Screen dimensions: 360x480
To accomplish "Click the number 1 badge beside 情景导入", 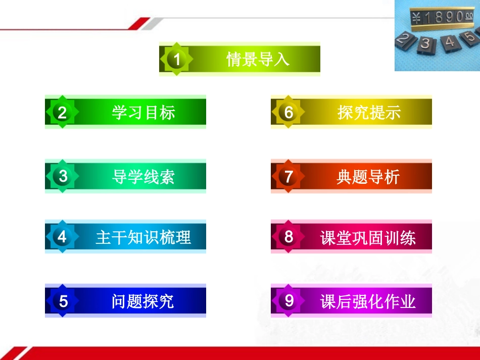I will tap(176, 60).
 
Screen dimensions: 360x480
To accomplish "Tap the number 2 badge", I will tap(62, 112).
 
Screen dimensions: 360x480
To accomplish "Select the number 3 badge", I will tap(63, 176).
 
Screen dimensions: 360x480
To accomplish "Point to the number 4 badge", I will tap(62, 236).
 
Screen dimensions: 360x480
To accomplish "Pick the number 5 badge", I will tap(63, 301).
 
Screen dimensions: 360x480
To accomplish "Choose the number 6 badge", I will tap(289, 112).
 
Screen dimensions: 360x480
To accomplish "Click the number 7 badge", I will tap(289, 176).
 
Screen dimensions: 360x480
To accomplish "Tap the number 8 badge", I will tap(289, 236).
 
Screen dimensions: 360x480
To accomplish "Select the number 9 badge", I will tap(289, 301).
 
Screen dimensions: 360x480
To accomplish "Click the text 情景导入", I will tap(258, 60).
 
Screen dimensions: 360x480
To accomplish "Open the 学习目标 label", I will tap(143, 112).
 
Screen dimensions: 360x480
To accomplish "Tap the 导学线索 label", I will tap(143, 177).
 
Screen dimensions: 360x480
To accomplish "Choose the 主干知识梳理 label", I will tap(143, 237).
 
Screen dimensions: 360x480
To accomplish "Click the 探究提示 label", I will tap(369, 112).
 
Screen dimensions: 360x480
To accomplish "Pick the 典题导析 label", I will tap(368, 177).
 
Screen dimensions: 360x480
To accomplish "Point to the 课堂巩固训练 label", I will tap(368, 237).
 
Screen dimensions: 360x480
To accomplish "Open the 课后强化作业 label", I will tap(368, 301).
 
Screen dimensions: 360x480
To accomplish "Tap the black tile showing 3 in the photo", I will tap(425, 44).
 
